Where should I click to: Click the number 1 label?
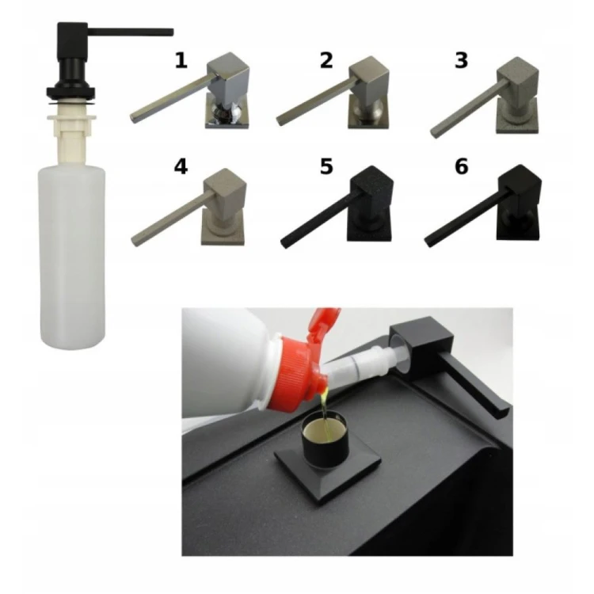pos(181,61)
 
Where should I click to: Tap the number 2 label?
pos(326,61)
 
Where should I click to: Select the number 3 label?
pos(461,61)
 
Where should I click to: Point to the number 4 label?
pos(181,166)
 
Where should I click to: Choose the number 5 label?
pos(326,166)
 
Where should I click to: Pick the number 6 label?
pos(461,166)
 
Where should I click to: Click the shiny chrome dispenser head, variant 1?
pos(189,90)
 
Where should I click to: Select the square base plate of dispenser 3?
pos(517,116)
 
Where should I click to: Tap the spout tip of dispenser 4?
pos(135,242)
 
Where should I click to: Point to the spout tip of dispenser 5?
pos(285,243)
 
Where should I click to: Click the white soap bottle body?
pos(72,256)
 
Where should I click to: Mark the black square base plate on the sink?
pos(327,470)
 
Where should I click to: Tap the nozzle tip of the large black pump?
pos(170,32)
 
